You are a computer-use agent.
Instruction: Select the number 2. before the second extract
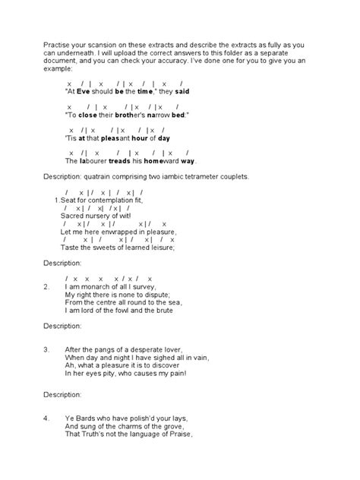click(47, 287)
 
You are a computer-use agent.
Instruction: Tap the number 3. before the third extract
click(47, 350)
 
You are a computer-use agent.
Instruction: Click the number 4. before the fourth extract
click(47, 418)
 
